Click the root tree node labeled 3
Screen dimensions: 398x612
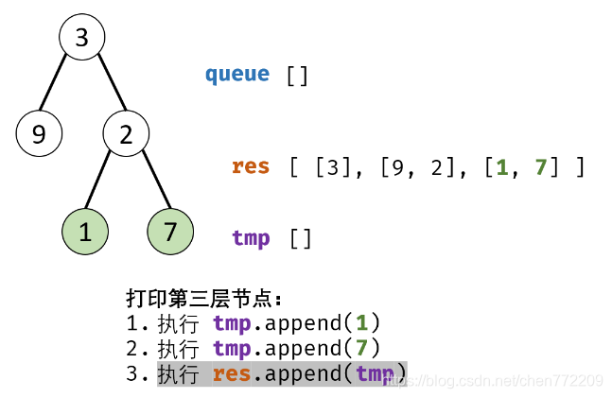click(81, 38)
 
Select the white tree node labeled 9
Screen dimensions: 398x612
click(39, 134)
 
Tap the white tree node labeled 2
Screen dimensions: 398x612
click(126, 134)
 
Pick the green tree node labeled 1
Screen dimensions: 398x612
click(85, 233)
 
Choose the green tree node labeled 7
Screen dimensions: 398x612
click(170, 233)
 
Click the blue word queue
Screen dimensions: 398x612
click(237, 74)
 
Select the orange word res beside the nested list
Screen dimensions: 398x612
click(251, 166)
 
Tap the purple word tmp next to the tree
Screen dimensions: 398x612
click(251, 237)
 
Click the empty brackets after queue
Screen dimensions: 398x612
click(297, 75)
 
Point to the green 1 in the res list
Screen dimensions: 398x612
click(502, 167)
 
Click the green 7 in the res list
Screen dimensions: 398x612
click(541, 167)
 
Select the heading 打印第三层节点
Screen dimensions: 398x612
click(204, 299)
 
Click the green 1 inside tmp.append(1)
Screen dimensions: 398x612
click(362, 323)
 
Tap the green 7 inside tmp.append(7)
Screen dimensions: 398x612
click(362, 348)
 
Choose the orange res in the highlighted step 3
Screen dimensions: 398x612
click(231, 373)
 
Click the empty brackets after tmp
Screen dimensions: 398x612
click(301, 238)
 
